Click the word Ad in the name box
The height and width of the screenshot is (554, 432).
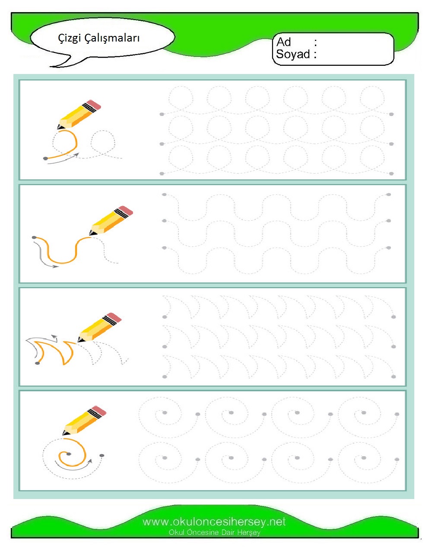(x=283, y=42)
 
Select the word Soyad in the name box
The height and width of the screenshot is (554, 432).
(x=293, y=54)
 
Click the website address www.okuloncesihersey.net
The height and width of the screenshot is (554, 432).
(x=214, y=522)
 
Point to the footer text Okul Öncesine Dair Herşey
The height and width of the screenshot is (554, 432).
(x=214, y=532)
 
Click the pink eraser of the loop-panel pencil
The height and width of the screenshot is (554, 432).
(x=94, y=105)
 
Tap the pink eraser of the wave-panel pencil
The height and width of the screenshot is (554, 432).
(x=126, y=211)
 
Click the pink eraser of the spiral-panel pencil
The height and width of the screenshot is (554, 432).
(x=99, y=411)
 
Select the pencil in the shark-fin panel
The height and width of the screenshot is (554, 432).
(x=99, y=327)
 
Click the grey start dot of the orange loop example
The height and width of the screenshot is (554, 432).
(x=45, y=158)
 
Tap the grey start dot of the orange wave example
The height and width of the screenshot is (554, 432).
(x=34, y=237)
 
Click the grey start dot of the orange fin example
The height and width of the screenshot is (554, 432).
(x=37, y=363)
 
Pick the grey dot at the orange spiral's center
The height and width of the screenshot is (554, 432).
(x=68, y=454)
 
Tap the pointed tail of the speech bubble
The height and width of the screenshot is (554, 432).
(x=51, y=67)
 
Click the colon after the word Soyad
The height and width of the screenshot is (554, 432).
(x=315, y=54)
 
